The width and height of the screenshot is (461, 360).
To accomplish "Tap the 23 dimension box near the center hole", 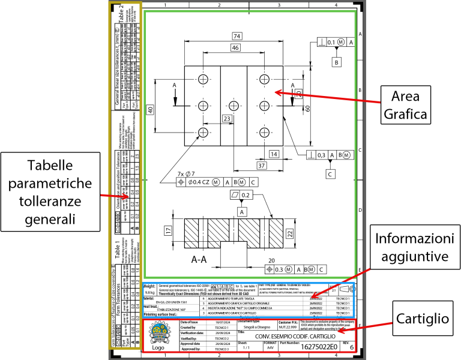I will tap(227, 119).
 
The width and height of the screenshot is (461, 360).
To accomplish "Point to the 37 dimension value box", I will tap(262, 166).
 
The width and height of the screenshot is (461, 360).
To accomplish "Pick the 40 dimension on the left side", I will tap(151, 109).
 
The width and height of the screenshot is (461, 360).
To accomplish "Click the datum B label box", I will tap(337, 62).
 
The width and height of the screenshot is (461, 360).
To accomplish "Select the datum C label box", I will tap(330, 174).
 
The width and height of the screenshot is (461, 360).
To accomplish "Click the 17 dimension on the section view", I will tap(169, 230).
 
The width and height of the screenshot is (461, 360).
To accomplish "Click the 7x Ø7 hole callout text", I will tap(186, 174).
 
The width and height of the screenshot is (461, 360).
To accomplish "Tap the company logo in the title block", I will tap(159, 335).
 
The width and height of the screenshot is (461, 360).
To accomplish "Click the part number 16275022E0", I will tap(319, 347).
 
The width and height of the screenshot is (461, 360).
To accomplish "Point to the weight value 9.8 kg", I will tap(151, 292).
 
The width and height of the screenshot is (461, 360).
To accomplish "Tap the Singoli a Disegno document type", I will tap(257, 327).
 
